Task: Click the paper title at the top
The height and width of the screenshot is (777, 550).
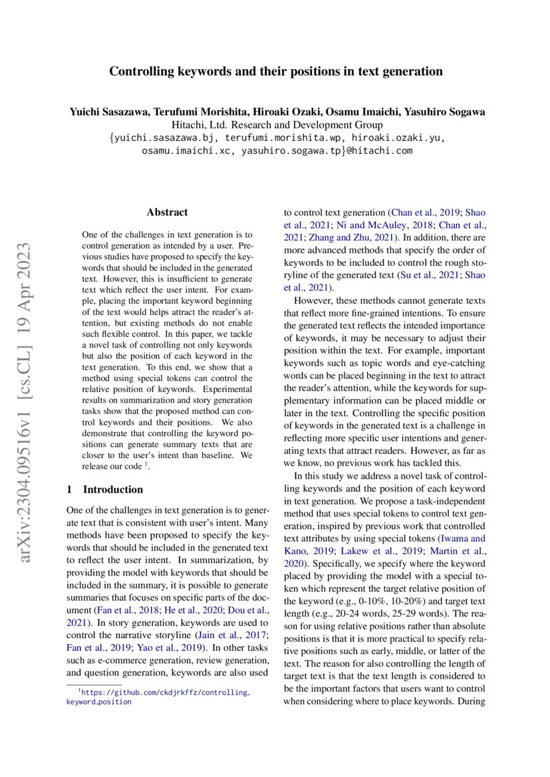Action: pos(275,71)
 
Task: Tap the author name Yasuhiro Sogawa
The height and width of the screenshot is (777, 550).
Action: pos(447,112)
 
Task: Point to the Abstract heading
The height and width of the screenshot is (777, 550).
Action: pos(167,213)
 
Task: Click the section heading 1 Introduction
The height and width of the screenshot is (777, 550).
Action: pos(105,490)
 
